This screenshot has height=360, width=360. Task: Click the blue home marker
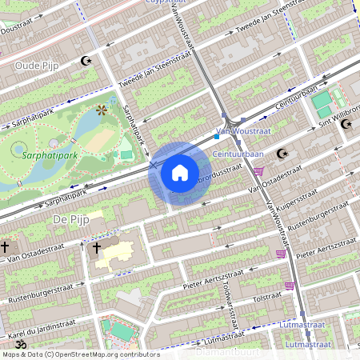[x=180, y=172]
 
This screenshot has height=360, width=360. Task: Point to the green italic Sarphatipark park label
[x=50, y=155]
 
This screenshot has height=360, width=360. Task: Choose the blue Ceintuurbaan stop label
[x=239, y=154]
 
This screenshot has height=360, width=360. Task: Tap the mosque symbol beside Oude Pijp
[x=86, y=61]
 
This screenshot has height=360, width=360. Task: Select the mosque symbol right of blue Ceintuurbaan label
[x=281, y=154]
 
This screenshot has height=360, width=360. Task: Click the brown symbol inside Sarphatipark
[x=101, y=110]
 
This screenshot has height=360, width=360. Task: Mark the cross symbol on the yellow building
[x=98, y=249]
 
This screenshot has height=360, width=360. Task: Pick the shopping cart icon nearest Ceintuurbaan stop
[x=258, y=170]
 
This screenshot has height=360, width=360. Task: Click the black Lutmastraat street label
[x=308, y=343]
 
